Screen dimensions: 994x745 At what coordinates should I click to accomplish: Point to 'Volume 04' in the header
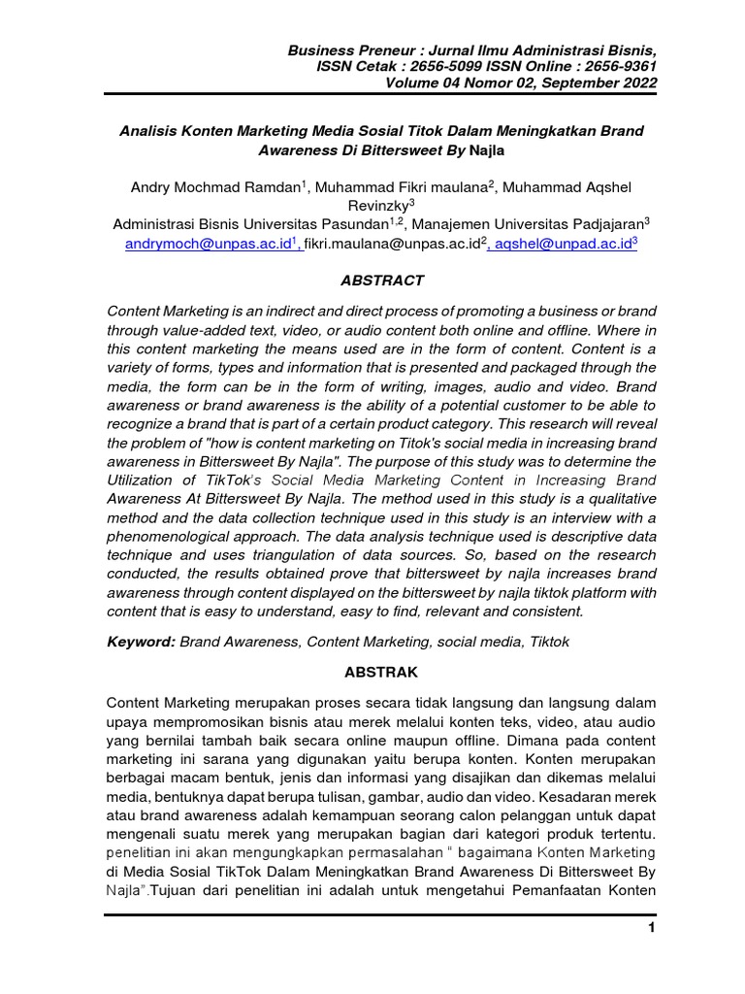tap(419, 83)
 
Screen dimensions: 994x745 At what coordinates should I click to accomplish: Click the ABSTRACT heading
tap(382, 281)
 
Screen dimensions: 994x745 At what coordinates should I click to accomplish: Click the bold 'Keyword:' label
tap(142, 642)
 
